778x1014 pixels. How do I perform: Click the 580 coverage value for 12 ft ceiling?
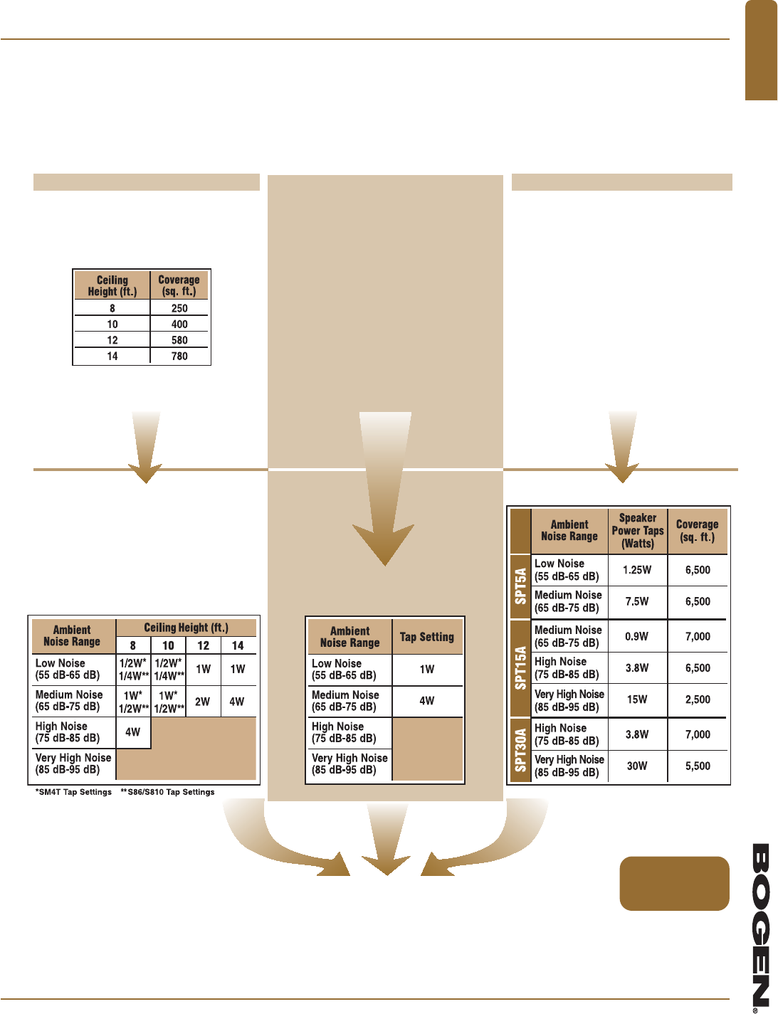(179, 340)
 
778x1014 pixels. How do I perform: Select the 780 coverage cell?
(179, 356)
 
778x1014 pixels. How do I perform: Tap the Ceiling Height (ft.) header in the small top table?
(112, 285)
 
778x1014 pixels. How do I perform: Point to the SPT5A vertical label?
(521, 586)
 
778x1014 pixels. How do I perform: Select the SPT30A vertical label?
(521, 750)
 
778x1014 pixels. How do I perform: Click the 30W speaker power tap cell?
(637, 766)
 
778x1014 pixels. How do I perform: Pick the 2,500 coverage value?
(698, 699)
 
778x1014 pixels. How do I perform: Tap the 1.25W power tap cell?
(637, 570)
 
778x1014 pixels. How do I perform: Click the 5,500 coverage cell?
(698, 766)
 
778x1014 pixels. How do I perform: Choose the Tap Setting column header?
(427, 637)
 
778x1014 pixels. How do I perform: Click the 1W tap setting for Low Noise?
(427, 669)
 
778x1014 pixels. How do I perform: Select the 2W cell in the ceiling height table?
(203, 701)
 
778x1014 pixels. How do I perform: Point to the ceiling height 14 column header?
(238, 645)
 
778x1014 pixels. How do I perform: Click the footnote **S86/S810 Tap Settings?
(167, 792)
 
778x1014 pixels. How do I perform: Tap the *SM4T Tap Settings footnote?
(74, 792)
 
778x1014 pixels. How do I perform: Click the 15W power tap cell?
(637, 699)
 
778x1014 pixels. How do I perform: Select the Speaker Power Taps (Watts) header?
(638, 531)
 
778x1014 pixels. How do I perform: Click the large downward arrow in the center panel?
(385, 491)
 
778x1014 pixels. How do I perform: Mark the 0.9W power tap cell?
(637, 636)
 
